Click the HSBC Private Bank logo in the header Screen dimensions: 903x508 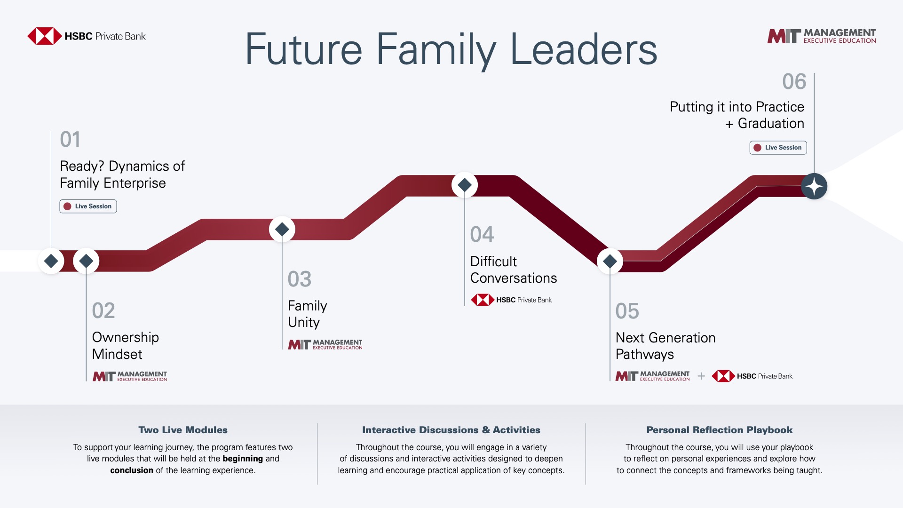tap(87, 36)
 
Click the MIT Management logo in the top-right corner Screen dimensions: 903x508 tap(822, 36)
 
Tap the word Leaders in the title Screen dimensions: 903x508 tap(584, 49)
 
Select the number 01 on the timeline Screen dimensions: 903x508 tap(70, 139)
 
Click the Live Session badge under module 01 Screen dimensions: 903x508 tap(88, 206)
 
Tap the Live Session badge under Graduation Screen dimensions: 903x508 tap(778, 148)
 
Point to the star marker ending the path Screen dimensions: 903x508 tap(814, 186)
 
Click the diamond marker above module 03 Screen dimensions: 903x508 tap(282, 230)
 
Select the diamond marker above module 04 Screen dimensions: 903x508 tap(465, 185)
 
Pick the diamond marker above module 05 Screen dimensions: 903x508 tap(610, 261)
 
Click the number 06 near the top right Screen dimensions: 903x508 tap(794, 82)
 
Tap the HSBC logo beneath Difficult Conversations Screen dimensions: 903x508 tap(511, 300)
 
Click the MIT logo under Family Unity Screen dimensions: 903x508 tap(325, 345)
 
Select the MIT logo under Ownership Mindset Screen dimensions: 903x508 tap(130, 376)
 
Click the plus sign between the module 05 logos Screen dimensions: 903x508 tap(701, 376)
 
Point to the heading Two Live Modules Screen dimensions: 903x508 tap(183, 430)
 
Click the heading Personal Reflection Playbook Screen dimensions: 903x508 tap(720, 430)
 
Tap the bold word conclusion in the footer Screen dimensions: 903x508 tap(132, 470)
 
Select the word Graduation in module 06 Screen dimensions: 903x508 tap(771, 123)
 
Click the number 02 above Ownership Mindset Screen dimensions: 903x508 tap(103, 311)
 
